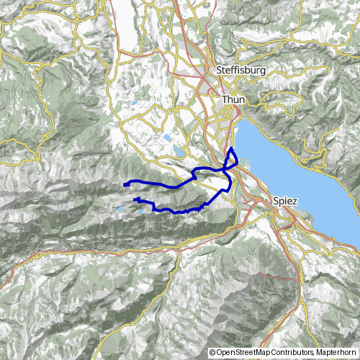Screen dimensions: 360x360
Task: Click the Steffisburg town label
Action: click(x=241, y=71)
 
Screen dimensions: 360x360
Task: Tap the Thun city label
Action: click(x=234, y=99)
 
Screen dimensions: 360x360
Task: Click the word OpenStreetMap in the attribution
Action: click(x=246, y=353)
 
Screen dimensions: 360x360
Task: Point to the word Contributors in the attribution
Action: click(x=295, y=353)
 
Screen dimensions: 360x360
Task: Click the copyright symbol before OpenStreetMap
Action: click(x=213, y=353)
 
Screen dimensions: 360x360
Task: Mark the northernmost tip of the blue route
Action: click(x=232, y=148)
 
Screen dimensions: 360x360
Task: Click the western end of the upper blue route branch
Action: click(x=125, y=185)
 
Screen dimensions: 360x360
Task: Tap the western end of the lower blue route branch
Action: click(x=135, y=199)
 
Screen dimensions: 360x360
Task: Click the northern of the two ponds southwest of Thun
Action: click(x=167, y=136)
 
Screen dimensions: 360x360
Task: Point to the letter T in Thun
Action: click(x=225, y=99)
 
